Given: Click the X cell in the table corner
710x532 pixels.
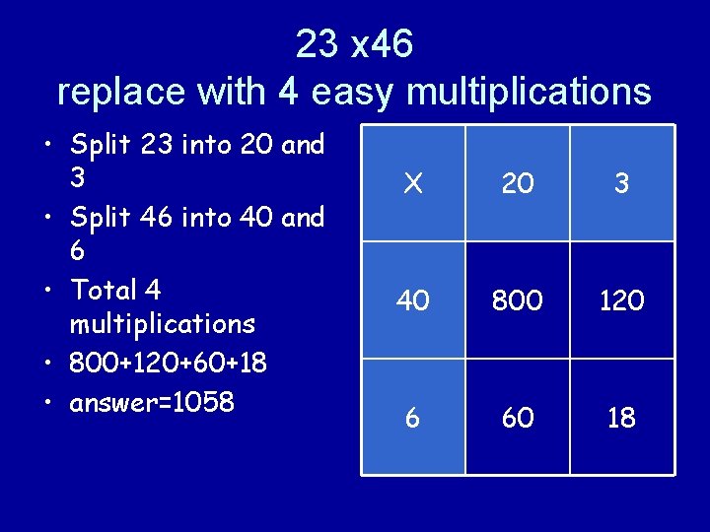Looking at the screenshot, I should point(413,183).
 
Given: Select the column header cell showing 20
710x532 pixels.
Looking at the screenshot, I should point(517,183).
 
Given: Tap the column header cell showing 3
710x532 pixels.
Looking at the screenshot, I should point(621,183).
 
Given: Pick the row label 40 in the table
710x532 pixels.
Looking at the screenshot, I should point(413,300).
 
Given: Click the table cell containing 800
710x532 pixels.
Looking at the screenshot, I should point(517,300).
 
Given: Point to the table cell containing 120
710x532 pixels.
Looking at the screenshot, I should point(621,300).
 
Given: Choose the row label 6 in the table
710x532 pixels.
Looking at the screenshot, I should point(413,418).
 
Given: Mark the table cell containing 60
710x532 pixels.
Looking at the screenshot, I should point(517,418).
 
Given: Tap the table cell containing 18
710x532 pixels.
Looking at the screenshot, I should point(621,418).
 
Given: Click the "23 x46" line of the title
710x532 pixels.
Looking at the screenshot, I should point(354,43).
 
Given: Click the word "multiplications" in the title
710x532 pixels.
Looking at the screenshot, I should point(529,92).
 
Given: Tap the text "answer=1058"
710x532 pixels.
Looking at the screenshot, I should point(152,402).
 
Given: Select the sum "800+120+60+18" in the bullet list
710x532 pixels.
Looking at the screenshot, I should point(168,363).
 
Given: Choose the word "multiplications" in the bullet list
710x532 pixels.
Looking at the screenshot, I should point(163,323).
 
